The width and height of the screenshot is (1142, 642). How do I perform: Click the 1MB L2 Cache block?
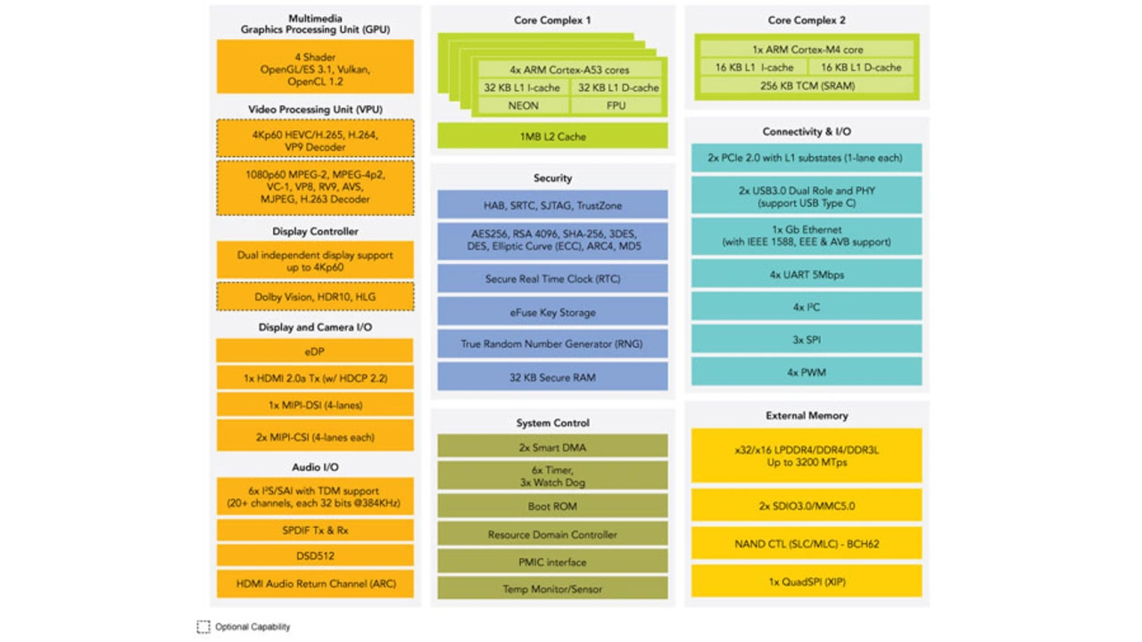coord(552,136)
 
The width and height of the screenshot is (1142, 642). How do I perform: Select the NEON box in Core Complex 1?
coord(523,105)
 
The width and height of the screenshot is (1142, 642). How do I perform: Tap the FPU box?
coord(616,105)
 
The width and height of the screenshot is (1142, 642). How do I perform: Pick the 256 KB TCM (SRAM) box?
coord(807,86)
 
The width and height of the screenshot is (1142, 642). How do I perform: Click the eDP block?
coord(315,351)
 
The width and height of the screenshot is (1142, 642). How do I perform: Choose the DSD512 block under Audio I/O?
coord(315,556)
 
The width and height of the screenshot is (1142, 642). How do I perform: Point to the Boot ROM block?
coord(552,506)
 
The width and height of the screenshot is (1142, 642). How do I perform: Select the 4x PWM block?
coord(807,372)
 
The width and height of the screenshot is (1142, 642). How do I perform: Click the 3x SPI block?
coord(807,340)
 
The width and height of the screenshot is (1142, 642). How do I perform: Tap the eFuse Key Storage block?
coord(552,312)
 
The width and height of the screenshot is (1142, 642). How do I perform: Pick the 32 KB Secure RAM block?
coord(552,377)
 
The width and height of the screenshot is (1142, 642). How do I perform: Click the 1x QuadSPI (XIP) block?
coord(807,581)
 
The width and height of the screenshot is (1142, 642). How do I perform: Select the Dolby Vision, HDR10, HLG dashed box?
coord(315,297)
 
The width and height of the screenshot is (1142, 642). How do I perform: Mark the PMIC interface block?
coord(552,562)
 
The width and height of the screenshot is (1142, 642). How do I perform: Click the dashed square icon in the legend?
coord(203,627)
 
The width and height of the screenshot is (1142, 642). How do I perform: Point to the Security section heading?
coord(552,177)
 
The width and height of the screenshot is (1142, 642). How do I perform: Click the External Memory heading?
coord(807,416)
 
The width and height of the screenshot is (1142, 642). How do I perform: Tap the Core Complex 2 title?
coord(807,20)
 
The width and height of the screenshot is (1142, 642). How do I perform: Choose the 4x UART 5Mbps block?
coord(807,274)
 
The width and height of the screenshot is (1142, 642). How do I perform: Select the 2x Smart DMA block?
coord(552,447)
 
